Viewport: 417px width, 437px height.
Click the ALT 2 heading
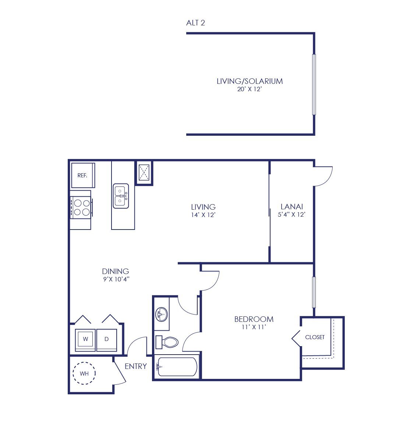pos(195,23)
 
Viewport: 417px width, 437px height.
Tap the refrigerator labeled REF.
pos(83,175)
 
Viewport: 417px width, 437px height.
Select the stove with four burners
pos(81,207)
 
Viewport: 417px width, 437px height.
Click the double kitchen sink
pos(121,196)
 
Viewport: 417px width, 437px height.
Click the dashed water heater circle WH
pos(84,373)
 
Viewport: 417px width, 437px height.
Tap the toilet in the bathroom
pos(167,342)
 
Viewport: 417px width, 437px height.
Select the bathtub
pos(177,367)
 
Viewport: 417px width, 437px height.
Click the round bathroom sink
pos(162,315)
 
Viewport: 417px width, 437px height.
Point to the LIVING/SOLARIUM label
pos(250,81)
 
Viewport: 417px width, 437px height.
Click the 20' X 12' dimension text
pos(250,89)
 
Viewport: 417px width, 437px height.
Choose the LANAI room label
pos(292,206)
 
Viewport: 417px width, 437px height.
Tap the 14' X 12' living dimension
pos(203,215)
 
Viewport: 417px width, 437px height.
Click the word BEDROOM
pos(254,319)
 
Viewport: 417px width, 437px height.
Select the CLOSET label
pos(315,337)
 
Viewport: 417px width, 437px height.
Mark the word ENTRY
pos(136,366)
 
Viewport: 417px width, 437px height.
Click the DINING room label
pos(116,271)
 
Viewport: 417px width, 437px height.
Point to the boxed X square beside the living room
pos(144,173)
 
